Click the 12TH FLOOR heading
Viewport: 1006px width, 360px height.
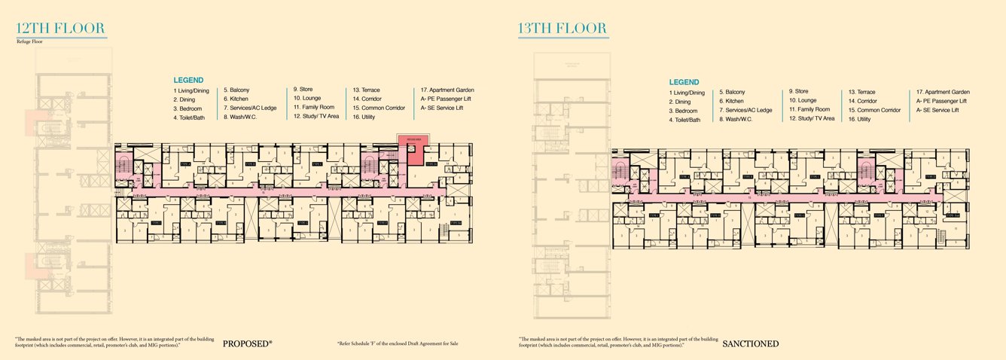coord(60,29)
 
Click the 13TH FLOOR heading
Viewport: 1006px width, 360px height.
coord(562,29)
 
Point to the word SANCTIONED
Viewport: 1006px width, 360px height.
coord(750,344)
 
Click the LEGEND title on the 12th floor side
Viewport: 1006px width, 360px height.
coord(188,80)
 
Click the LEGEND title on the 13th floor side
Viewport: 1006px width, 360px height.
coord(684,82)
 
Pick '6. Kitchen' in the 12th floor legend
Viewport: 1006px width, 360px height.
coord(236,99)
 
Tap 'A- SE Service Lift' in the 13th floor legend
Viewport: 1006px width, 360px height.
coord(937,110)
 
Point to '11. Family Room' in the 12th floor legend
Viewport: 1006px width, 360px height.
coord(313,108)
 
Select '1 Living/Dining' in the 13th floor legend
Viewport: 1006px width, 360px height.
coord(687,93)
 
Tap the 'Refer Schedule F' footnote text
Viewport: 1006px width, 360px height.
coord(398,343)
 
